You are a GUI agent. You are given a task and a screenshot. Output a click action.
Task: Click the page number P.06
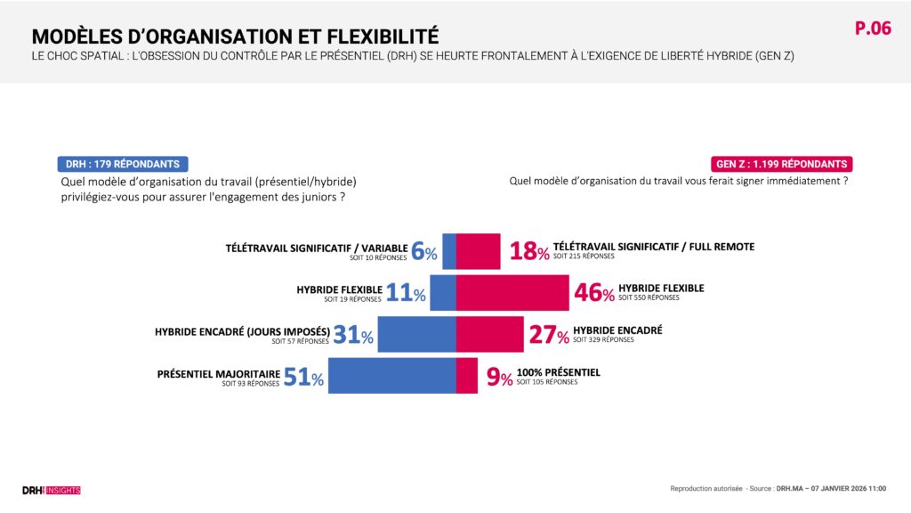tap(872, 28)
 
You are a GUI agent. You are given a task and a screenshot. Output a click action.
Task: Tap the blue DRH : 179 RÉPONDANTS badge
tap(122, 164)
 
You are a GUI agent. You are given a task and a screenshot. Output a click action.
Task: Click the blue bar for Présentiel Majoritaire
tap(392, 375)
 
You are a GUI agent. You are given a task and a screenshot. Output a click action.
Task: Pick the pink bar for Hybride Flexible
tap(512, 292)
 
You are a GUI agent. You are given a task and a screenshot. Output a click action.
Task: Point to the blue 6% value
tap(424, 251)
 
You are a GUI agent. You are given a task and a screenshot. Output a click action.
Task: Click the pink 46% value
tap(594, 292)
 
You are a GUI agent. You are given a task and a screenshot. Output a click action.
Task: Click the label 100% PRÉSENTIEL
tap(558, 372)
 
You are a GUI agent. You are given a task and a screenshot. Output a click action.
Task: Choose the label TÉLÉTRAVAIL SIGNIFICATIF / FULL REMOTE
tap(653, 247)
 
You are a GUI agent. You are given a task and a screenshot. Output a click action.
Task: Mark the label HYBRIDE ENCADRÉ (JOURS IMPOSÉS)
tap(242, 331)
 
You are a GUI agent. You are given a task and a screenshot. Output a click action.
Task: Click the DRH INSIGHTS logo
tap(51, 490)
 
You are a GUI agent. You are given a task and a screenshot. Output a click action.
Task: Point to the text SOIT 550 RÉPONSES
tap(649, 298)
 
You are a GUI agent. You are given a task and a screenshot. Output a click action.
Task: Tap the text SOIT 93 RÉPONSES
tap(251, 383)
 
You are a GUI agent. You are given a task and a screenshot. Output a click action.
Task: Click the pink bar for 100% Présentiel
tap(467, 375)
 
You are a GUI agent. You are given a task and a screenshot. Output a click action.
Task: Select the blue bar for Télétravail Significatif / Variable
tap(449, 250)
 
